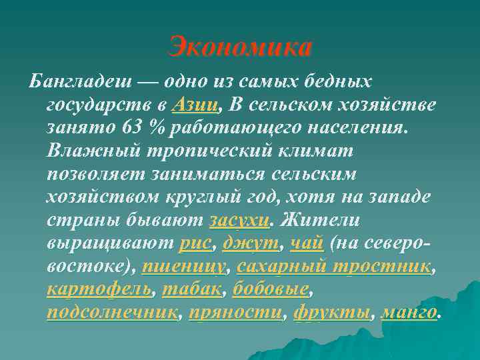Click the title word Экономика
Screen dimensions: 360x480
click(x=240, y=47)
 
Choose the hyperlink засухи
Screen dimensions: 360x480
click(x=239, y=220)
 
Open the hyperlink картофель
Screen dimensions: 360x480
click(x=99, y=290)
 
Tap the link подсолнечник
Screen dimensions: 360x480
click(x=112, y=313)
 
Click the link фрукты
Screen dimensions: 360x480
click(x=331, y=313)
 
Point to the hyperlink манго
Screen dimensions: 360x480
click(x=409, y=313)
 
